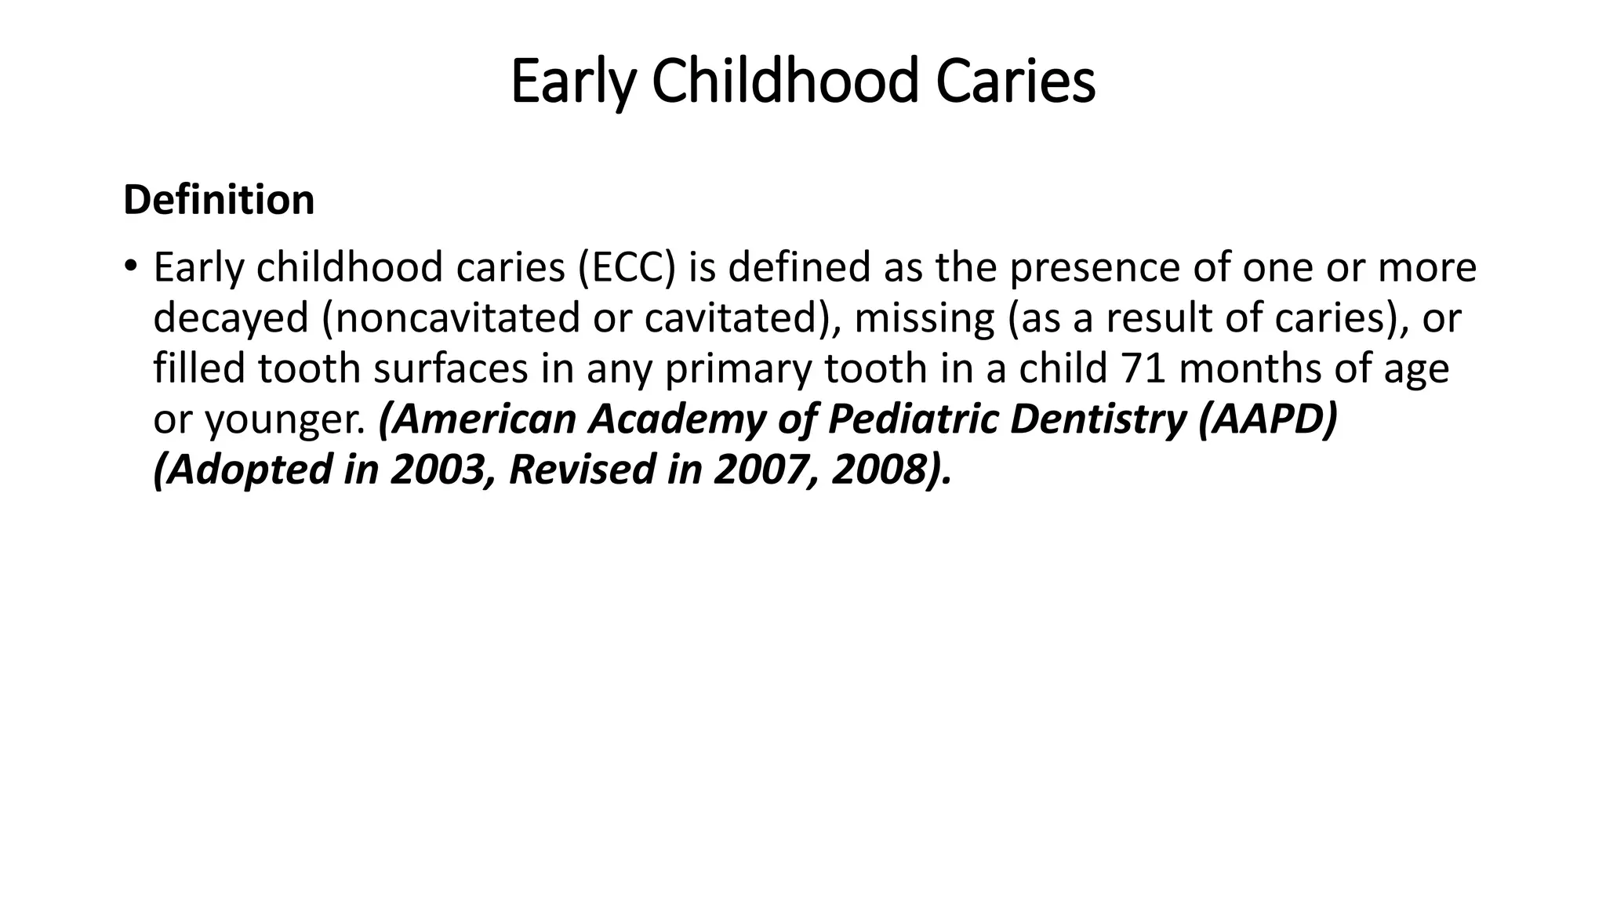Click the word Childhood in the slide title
pyautogui.click(x=784, y=82)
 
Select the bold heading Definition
pyautogui.click(x=219, y=200)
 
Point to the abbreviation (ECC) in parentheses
pyautogui.click(x=627, y=268)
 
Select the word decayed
pyautogui.click(x=231, y=319)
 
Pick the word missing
pyautogui.click(x=924, y=319)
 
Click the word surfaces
pyautogui.click(x=450, y=369)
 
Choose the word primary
pyautogui.click(x=737, y=369)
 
